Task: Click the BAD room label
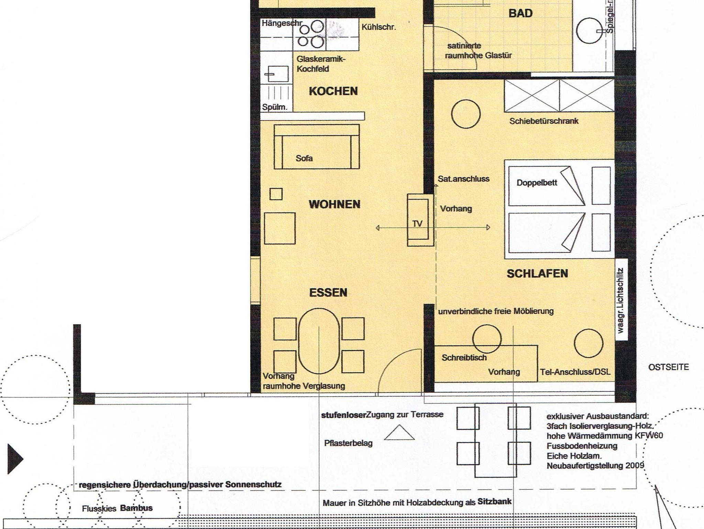coord(520,13)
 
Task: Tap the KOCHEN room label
coord(333,91)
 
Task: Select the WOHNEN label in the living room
coord(334,204)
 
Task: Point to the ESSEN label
coord(328,293)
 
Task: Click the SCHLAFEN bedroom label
coord(537,274)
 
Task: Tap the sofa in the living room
coord(317,147)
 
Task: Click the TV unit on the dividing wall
coord(420,220)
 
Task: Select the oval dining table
coord(319,341)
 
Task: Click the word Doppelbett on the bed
coord(537,183)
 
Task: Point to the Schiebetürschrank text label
coord(544,121)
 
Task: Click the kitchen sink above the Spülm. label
coord(276,74)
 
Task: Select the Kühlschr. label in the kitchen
coord(378,27)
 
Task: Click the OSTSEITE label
coord(669,367)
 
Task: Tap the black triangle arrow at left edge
coord(15,459)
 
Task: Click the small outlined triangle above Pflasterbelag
coord(399,432)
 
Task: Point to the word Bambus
coord(136,508)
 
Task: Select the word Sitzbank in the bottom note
coord(494,501)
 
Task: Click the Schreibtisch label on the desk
coord(464,358)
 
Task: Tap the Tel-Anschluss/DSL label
coord(575,372)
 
